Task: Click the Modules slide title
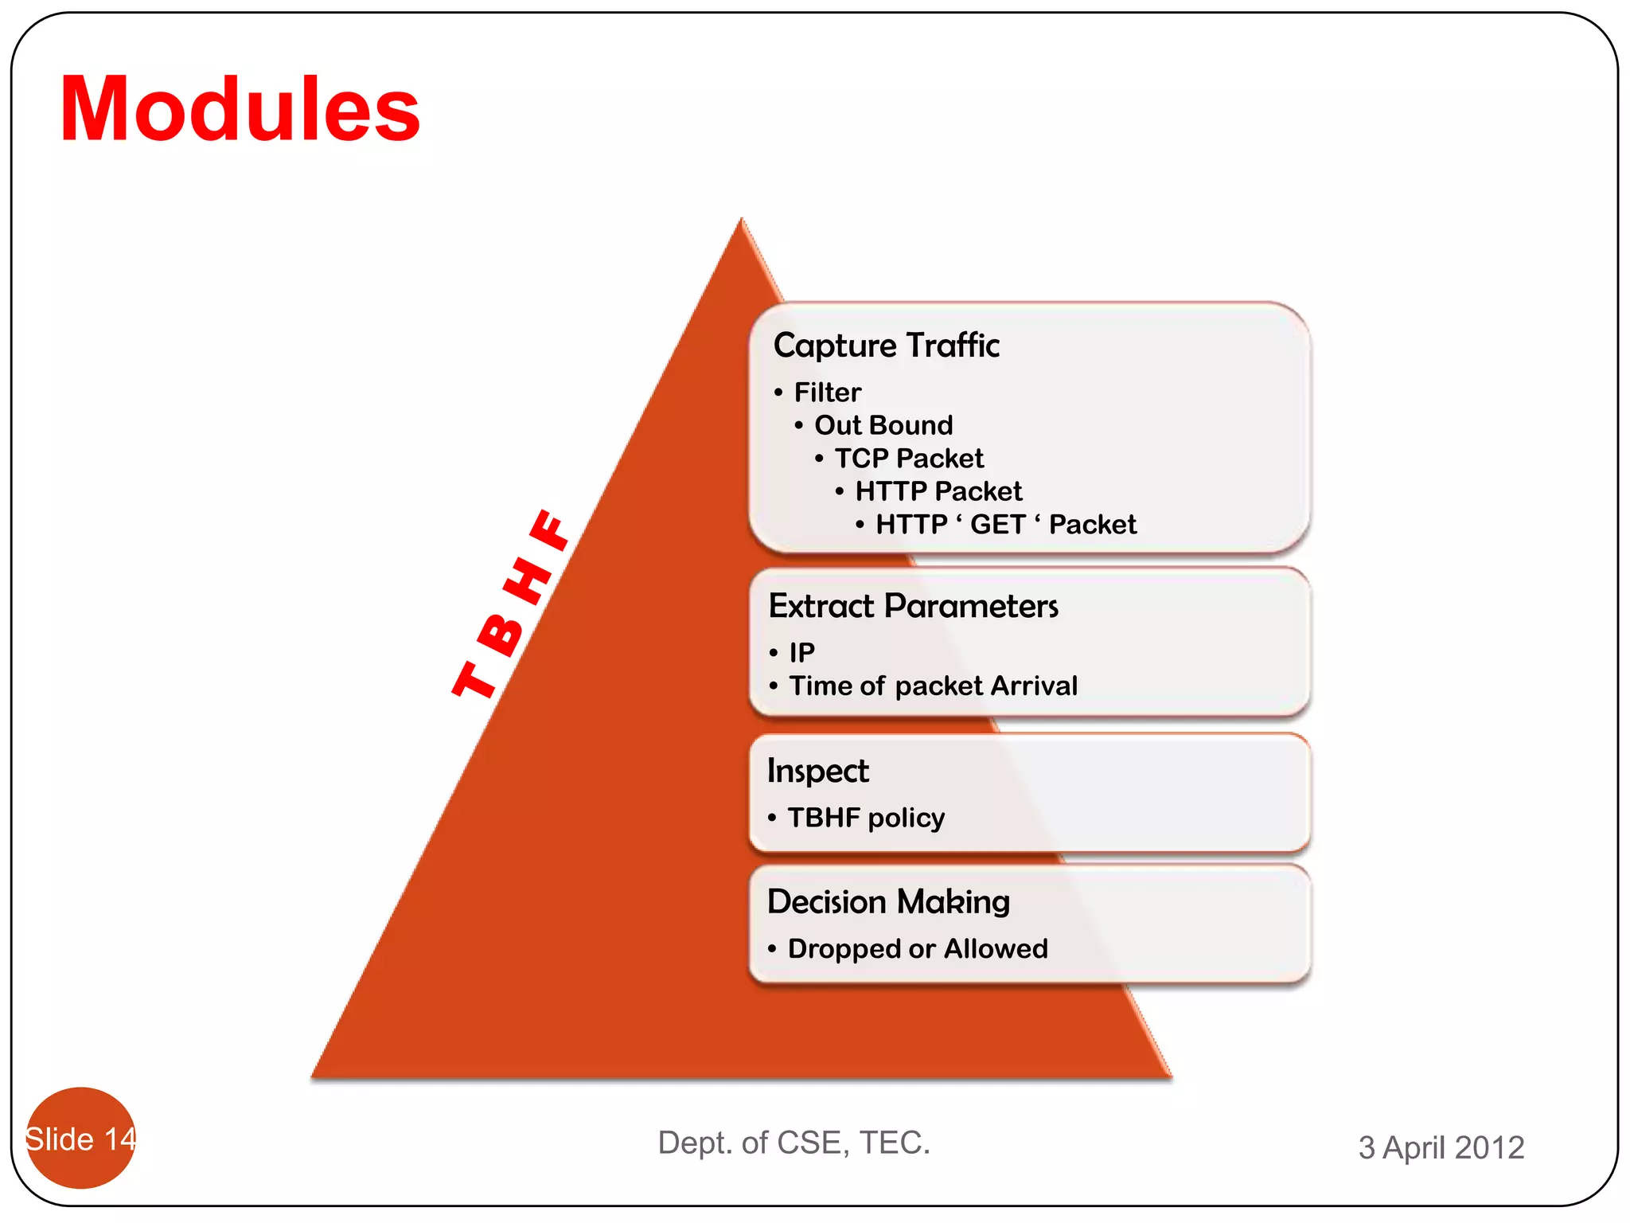click(x=240, y=109)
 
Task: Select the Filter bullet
click(x=827, y=393)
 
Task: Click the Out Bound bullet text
click(x=883, y=425)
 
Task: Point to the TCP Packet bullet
click(x=908, y=459)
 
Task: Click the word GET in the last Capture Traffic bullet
click(x=997, y=525)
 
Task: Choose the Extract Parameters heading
click(x=913, y=607)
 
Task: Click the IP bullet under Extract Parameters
click(x=801, y=653)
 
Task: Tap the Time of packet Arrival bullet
click(x=932, y=686)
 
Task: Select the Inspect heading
click(x=817, y=771)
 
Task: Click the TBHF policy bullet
click(x=866, y=818)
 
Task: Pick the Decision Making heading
click(x=888, y=902)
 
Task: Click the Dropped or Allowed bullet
click(x=917, y=949)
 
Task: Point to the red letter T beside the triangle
click(x=475, y=679)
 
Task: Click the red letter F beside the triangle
click(x=551, y=529)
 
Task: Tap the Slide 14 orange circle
click(x=80, y=1138)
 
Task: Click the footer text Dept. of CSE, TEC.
click(x=794, y=1143)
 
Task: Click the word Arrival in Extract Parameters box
click(x=1033, y=686)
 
